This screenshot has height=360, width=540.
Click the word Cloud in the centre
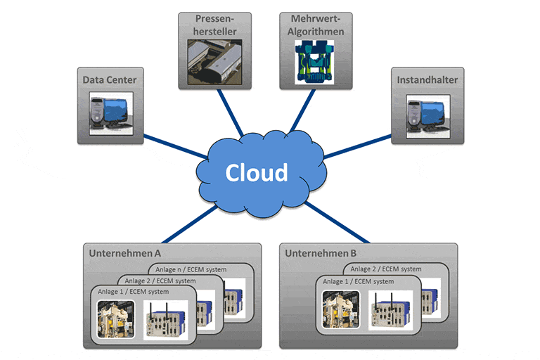tap(256, 172)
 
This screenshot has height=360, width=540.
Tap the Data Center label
tap(110, 79)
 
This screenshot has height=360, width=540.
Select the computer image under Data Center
tap(110, 112)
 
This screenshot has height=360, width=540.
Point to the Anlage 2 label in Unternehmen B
tap(386, 269)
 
